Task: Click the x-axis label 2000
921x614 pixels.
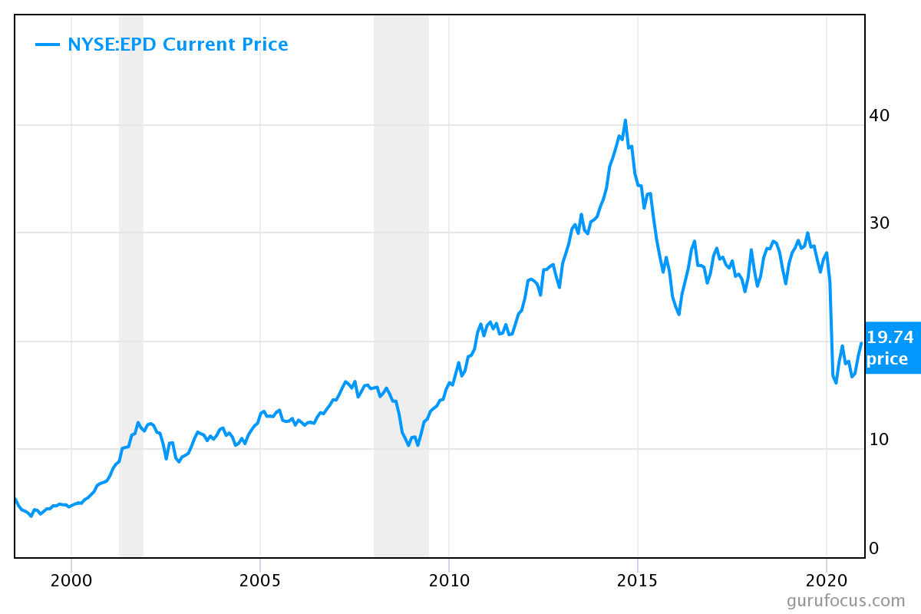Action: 71,579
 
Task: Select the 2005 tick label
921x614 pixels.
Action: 260,579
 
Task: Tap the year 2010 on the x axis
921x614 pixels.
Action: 449,579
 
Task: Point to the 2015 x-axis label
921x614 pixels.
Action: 638,579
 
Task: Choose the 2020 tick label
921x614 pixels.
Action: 827,579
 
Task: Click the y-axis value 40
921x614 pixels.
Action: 879,115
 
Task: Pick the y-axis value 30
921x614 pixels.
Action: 879,223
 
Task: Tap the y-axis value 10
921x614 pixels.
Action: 879,439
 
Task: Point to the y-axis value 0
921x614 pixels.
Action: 873,548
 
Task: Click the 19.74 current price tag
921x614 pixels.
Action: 892,348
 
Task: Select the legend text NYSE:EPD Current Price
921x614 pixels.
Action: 178,45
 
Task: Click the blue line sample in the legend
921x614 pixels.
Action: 48,45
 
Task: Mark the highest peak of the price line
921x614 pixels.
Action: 626,120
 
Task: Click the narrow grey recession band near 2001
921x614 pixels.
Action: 131,307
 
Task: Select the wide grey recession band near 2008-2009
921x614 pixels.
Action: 401,307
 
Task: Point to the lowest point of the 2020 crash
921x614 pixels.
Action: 836,382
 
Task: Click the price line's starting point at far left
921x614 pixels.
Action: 15,499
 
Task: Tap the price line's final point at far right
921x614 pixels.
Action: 861,343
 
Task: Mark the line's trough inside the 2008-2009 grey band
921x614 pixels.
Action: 408,445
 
